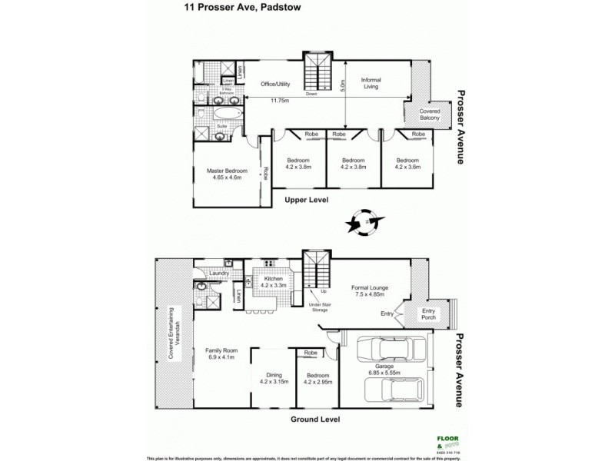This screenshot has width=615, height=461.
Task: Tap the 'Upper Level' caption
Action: [x=307, y=200]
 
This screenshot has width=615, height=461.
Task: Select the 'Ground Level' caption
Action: [x=315, y=420]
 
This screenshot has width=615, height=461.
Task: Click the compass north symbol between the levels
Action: [x=362, y=222]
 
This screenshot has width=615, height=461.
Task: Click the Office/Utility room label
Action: [x=277, y=84]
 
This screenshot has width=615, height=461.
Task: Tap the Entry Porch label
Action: [x=427, y=313]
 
